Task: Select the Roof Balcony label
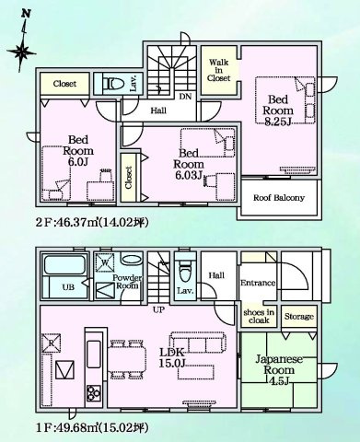point(278,196)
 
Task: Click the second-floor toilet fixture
point(114,83)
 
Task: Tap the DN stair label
point(185,95)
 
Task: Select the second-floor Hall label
point(158,110)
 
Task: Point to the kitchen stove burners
point(93,393)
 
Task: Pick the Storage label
point(297,316)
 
